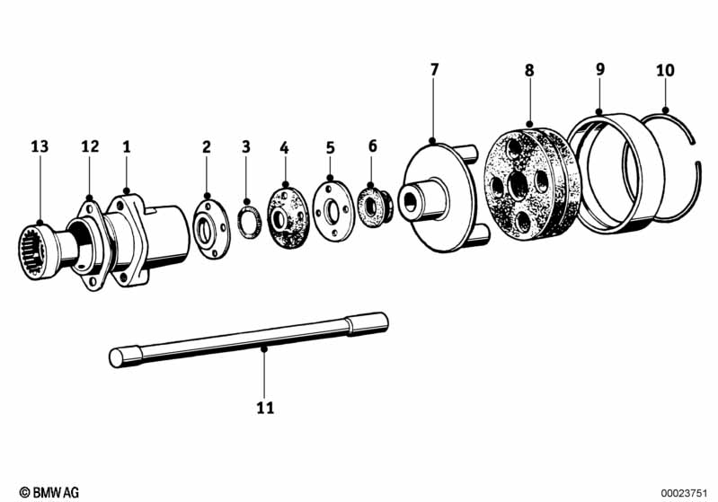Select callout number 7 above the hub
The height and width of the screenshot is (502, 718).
point(434,69)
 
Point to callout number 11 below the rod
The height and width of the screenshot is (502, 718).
point(264,409)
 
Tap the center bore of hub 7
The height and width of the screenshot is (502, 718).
point(412,202)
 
